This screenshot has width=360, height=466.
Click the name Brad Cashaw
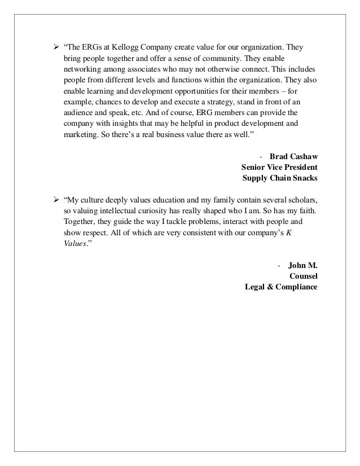tap(293, 156)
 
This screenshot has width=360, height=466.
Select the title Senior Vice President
tap(279, 168)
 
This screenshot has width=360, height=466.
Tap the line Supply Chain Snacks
tap(279, 179)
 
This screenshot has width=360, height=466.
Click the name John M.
tap(302, 265)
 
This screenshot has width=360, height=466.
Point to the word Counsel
tap(302, 276)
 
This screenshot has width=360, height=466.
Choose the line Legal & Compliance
tap(280, 288)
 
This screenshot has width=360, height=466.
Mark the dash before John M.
tap(280, 265)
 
